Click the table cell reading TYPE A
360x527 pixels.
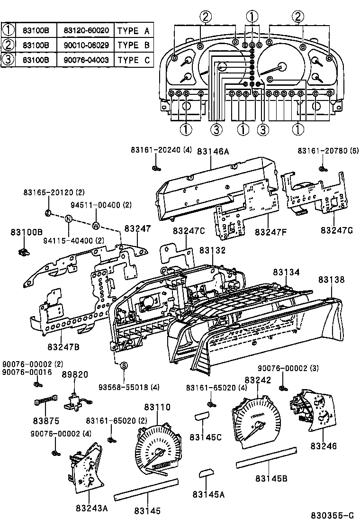coord(133,31)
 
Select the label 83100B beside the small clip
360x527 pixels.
coord(27,232)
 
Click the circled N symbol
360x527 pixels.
coord(69,218)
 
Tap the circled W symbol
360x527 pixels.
coord(96,225)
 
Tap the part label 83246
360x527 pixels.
coord(324,446)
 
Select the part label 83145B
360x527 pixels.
coord(272,478)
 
